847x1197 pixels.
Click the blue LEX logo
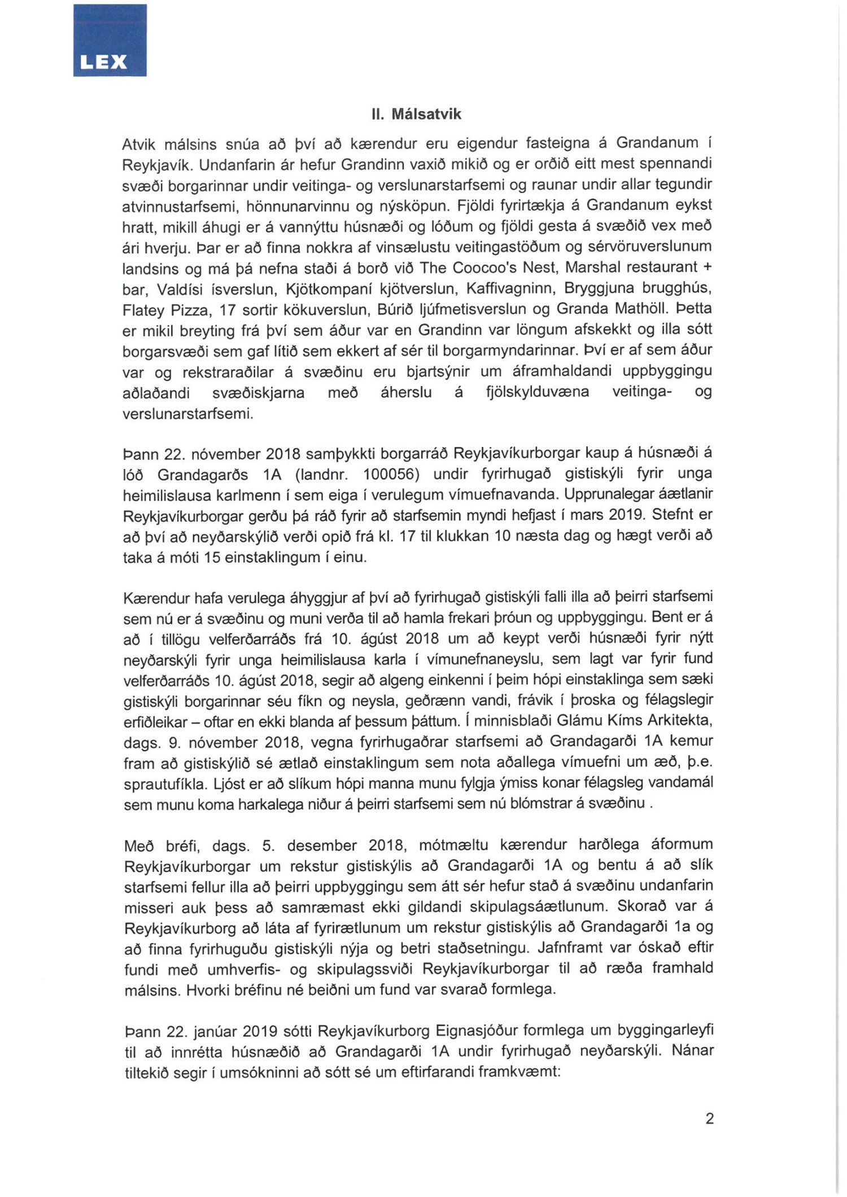click(110, 40)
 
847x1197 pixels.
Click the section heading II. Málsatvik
click(416, 114)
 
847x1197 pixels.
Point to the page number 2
click(709, 1118)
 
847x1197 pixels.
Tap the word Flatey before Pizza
click(143, 310)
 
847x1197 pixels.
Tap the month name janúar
click(214, 1032)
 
